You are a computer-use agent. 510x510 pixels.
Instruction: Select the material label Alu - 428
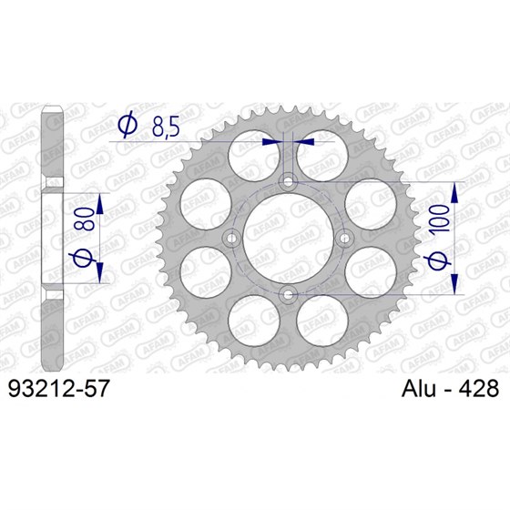pos(437,389)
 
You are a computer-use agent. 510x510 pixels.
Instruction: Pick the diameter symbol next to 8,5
pos(128,125)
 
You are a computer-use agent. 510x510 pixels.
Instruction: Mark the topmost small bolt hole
pos(288,182)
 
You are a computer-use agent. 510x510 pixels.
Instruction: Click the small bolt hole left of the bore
pos(232,239)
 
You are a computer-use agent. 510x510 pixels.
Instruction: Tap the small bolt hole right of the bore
pos(343,239)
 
